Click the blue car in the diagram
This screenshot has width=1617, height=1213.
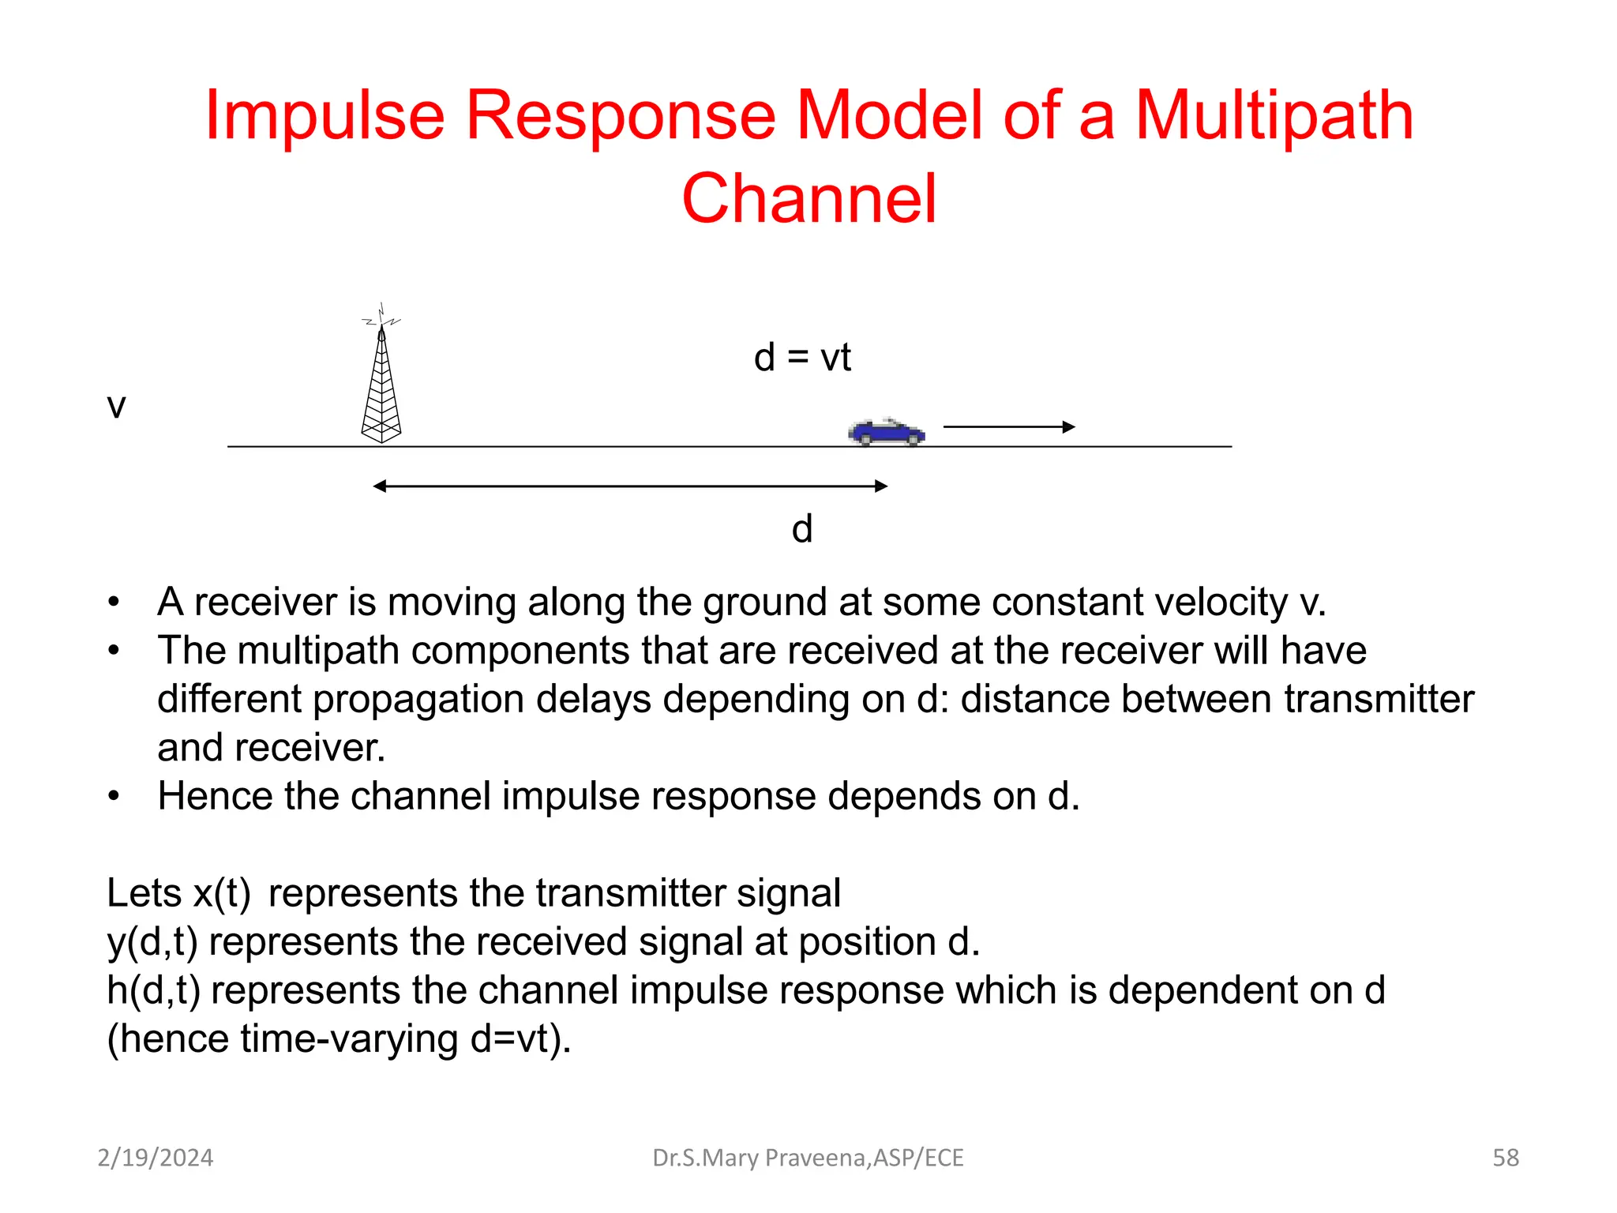[x=886, y=432]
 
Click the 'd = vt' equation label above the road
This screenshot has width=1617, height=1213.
[x=802, y=358]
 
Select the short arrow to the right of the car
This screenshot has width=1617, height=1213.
[x=1009, y=426]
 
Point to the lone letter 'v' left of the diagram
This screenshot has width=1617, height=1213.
[x=116, y=407]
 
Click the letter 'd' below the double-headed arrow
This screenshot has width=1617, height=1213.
[x=802, y=529]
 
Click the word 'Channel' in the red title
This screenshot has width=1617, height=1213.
[x=808, y=199]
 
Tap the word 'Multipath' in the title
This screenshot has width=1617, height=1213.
[x=1274, y=116]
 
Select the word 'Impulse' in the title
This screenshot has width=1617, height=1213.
[x=325, y=116]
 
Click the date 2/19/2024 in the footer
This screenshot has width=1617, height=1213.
[x=156, y=1158]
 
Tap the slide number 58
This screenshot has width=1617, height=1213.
[x=1505, y=1158]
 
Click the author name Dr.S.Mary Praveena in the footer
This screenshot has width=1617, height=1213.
[x=807, y=1158]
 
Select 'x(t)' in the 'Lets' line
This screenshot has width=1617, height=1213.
[x=222, y=893]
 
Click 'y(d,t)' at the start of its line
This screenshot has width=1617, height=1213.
[x=152, y=942]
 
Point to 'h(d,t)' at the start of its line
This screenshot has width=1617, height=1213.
[x=153, y=990]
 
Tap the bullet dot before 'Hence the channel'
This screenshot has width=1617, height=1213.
[x=114, y=796]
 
